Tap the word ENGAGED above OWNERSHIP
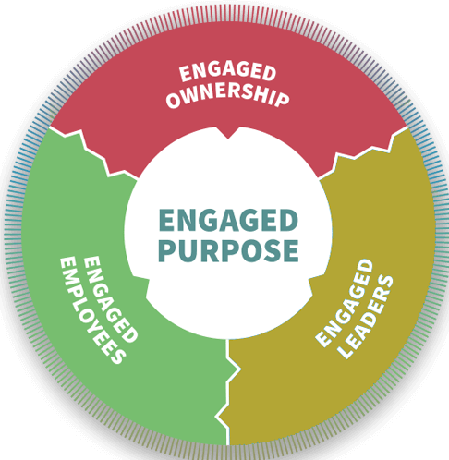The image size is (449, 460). (227, 72)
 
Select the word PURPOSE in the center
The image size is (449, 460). (228, 250)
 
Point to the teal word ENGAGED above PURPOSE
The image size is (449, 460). (228, 220)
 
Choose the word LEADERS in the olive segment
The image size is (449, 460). (367, 317)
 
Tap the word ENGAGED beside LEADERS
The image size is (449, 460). (345, 303)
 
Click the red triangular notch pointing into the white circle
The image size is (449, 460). (228, 133)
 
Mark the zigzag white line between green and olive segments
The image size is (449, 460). (228, 392)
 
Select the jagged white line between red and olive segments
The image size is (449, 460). (363, 152)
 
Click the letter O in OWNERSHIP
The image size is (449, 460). (174, 101)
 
